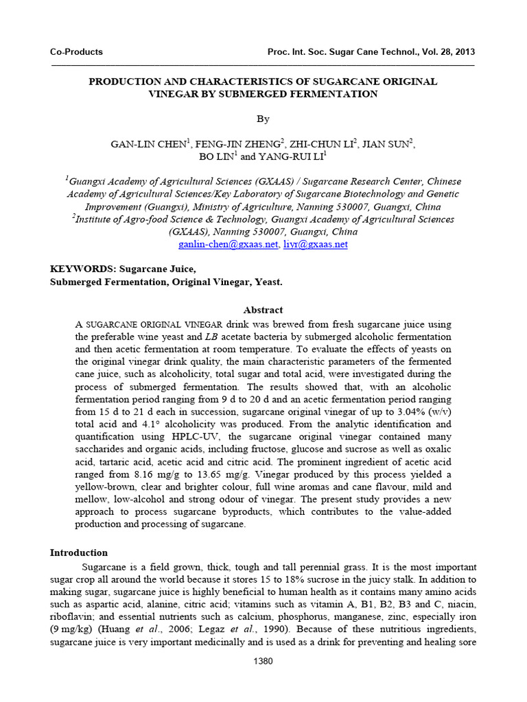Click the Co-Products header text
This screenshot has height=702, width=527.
click(76, 52)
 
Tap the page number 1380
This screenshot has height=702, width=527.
click(263, 661)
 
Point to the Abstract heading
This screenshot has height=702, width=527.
click(263, 310)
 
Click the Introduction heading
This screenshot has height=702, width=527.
click(79, 553)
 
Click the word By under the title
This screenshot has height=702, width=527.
click(263, 119)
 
